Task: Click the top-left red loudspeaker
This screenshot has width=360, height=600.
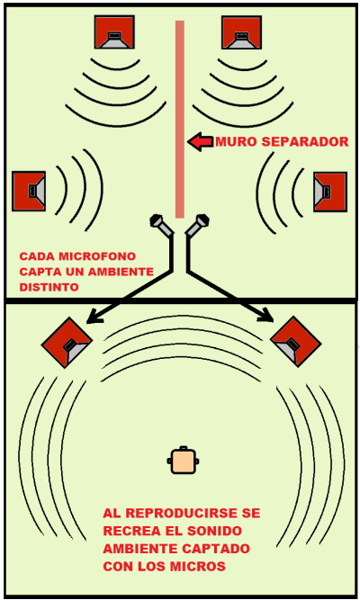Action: (x=114, y=31)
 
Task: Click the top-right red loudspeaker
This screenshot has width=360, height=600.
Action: (x=242, y=32)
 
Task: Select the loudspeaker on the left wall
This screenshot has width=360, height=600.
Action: (x=29, y=191)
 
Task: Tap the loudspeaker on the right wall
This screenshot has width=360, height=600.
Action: (x=330, y=192)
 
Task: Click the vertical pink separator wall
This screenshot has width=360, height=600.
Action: (x=180, y=119)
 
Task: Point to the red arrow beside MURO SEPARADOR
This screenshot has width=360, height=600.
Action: (x=201, y=142)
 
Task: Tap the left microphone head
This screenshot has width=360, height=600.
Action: (x=157, y=220)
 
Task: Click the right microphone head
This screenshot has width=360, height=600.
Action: (x=202, y=220)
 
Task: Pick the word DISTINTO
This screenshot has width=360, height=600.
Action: (x=49, y=287)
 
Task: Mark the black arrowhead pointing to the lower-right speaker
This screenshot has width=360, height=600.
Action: (x=266, y=316)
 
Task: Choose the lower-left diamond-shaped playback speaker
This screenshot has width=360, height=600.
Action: (x=67, y=343)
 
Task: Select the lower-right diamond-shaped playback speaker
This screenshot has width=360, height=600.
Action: (x=296, y=342)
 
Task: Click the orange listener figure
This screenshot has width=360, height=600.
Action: (x=183, y=461)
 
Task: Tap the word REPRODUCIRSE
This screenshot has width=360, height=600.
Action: (x=183, y=513)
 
